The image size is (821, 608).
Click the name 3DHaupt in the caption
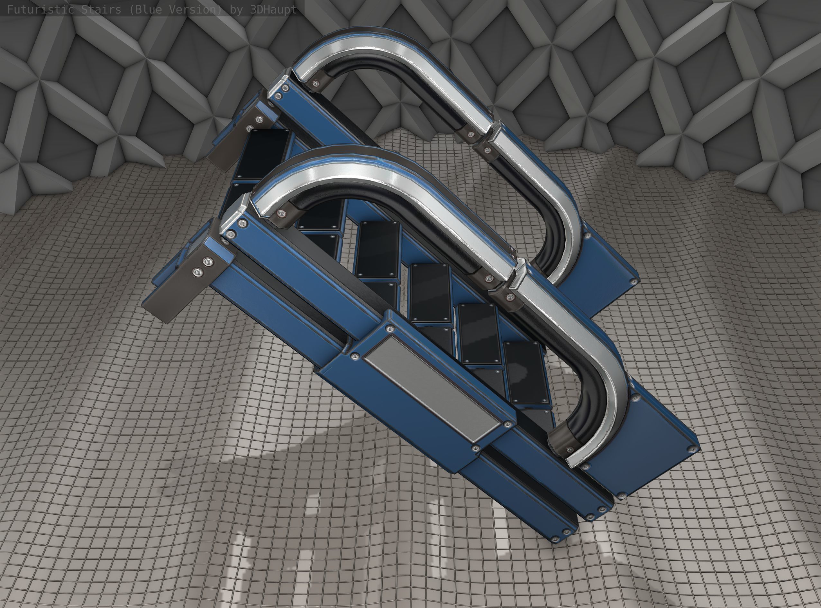pyautogui.click(x=273, y=10)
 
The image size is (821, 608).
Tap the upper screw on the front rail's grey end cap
pyautogui.click(x=209, y=262)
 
